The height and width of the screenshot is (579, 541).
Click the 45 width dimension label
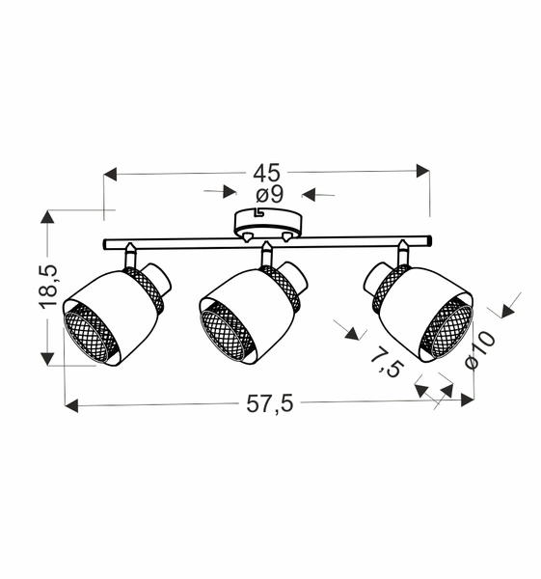point(267,173)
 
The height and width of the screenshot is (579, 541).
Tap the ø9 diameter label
point(268,195)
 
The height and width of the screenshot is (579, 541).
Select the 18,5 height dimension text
point(50,287)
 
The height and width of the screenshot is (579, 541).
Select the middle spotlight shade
point(253,299)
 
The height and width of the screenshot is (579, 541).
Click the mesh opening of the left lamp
point(91,334)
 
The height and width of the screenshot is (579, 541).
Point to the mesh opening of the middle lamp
point(228,330)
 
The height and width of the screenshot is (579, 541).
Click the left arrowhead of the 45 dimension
point(109,174)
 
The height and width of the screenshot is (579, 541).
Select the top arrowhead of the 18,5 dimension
point(46,216)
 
